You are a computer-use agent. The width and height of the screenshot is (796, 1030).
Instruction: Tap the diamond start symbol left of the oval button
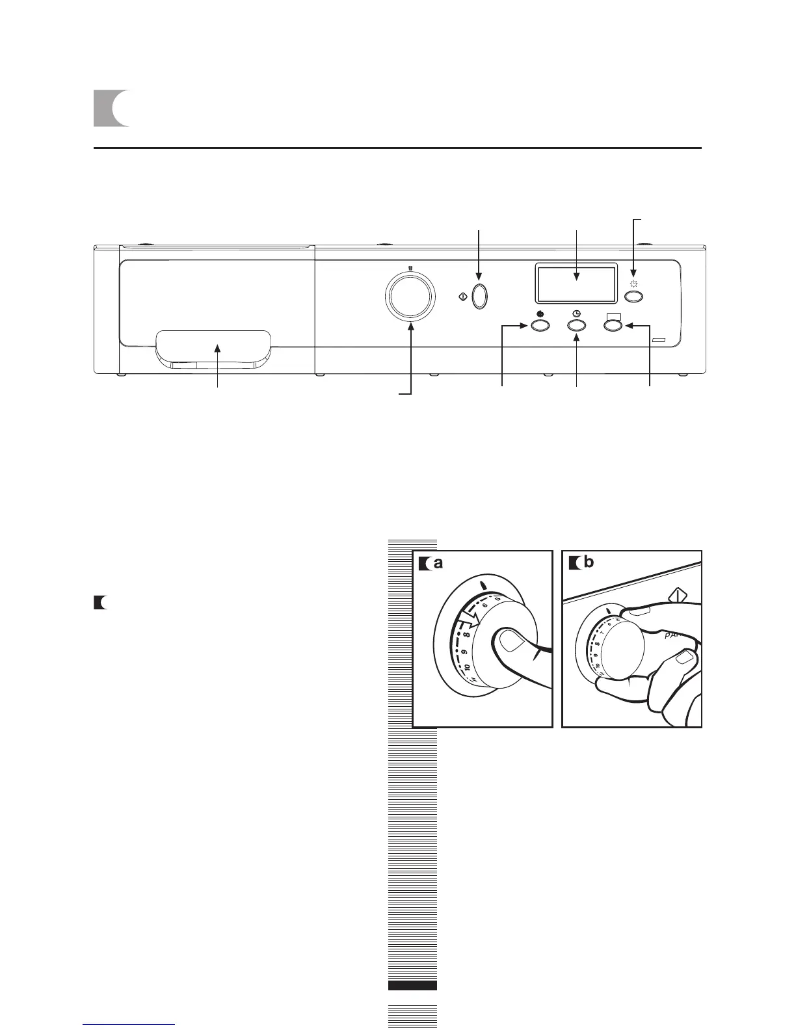(x=462, y=297)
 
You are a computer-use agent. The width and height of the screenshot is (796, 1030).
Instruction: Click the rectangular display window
(x=576, y=284)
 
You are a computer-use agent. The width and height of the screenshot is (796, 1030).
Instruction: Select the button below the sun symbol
(x=634, y=297)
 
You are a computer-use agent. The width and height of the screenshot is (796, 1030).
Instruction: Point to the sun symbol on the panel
(x=634, y=284)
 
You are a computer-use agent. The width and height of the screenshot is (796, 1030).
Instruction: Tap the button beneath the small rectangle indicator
(x=613, y=327)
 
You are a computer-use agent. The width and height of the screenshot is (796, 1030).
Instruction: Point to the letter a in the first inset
(x=439, y=563)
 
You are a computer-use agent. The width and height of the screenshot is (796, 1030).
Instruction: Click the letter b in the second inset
(x=588, y=563)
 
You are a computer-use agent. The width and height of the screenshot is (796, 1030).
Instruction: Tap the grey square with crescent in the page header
(x=111, y=109)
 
